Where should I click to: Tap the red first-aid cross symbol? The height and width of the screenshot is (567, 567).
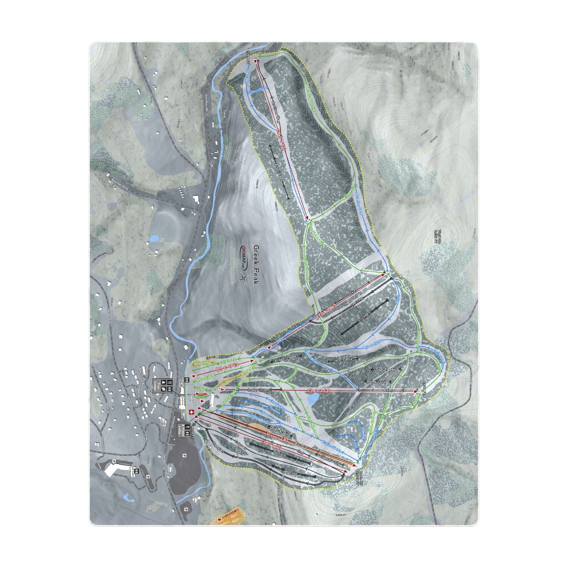point(191,412)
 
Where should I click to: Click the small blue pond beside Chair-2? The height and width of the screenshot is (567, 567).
point(313,398)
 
